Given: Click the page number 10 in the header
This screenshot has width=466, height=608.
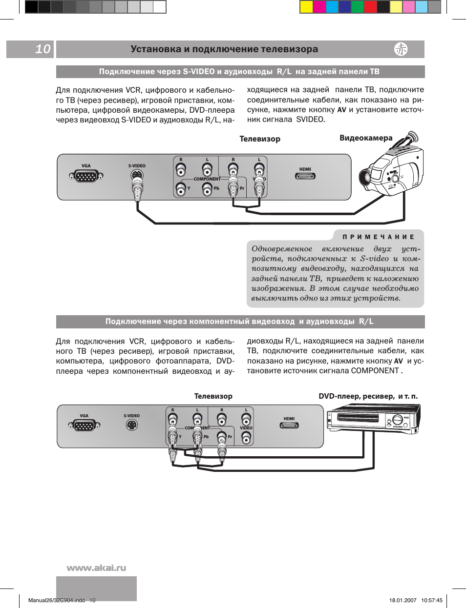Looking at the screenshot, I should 43,49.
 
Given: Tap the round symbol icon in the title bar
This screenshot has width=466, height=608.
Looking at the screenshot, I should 401,49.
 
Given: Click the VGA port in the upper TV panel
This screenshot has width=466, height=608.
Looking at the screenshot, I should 86,176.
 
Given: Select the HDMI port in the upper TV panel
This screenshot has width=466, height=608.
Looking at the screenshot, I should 305,176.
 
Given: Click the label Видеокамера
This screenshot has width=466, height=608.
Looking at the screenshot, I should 366,138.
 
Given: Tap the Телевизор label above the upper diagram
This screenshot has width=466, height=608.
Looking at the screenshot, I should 260,139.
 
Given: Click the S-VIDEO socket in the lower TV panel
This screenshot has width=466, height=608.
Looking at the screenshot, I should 131,425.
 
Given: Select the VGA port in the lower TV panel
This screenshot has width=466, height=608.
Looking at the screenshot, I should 84,426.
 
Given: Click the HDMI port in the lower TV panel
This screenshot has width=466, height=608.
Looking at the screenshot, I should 289,425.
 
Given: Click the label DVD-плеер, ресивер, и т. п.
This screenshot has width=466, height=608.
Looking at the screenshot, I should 368,396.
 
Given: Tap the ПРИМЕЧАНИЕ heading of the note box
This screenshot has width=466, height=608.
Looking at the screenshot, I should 379,237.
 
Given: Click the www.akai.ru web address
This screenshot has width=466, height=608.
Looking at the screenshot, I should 96,567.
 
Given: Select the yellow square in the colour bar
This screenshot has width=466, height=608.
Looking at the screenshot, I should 306,7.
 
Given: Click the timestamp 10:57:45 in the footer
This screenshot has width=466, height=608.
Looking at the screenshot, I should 432,600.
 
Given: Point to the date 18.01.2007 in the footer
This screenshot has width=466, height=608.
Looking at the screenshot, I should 403,600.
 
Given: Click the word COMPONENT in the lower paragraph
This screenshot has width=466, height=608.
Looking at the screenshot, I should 375,370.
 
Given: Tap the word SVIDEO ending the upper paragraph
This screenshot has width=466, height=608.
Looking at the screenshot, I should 310,119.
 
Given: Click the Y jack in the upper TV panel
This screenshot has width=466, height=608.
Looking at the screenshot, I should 181,189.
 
